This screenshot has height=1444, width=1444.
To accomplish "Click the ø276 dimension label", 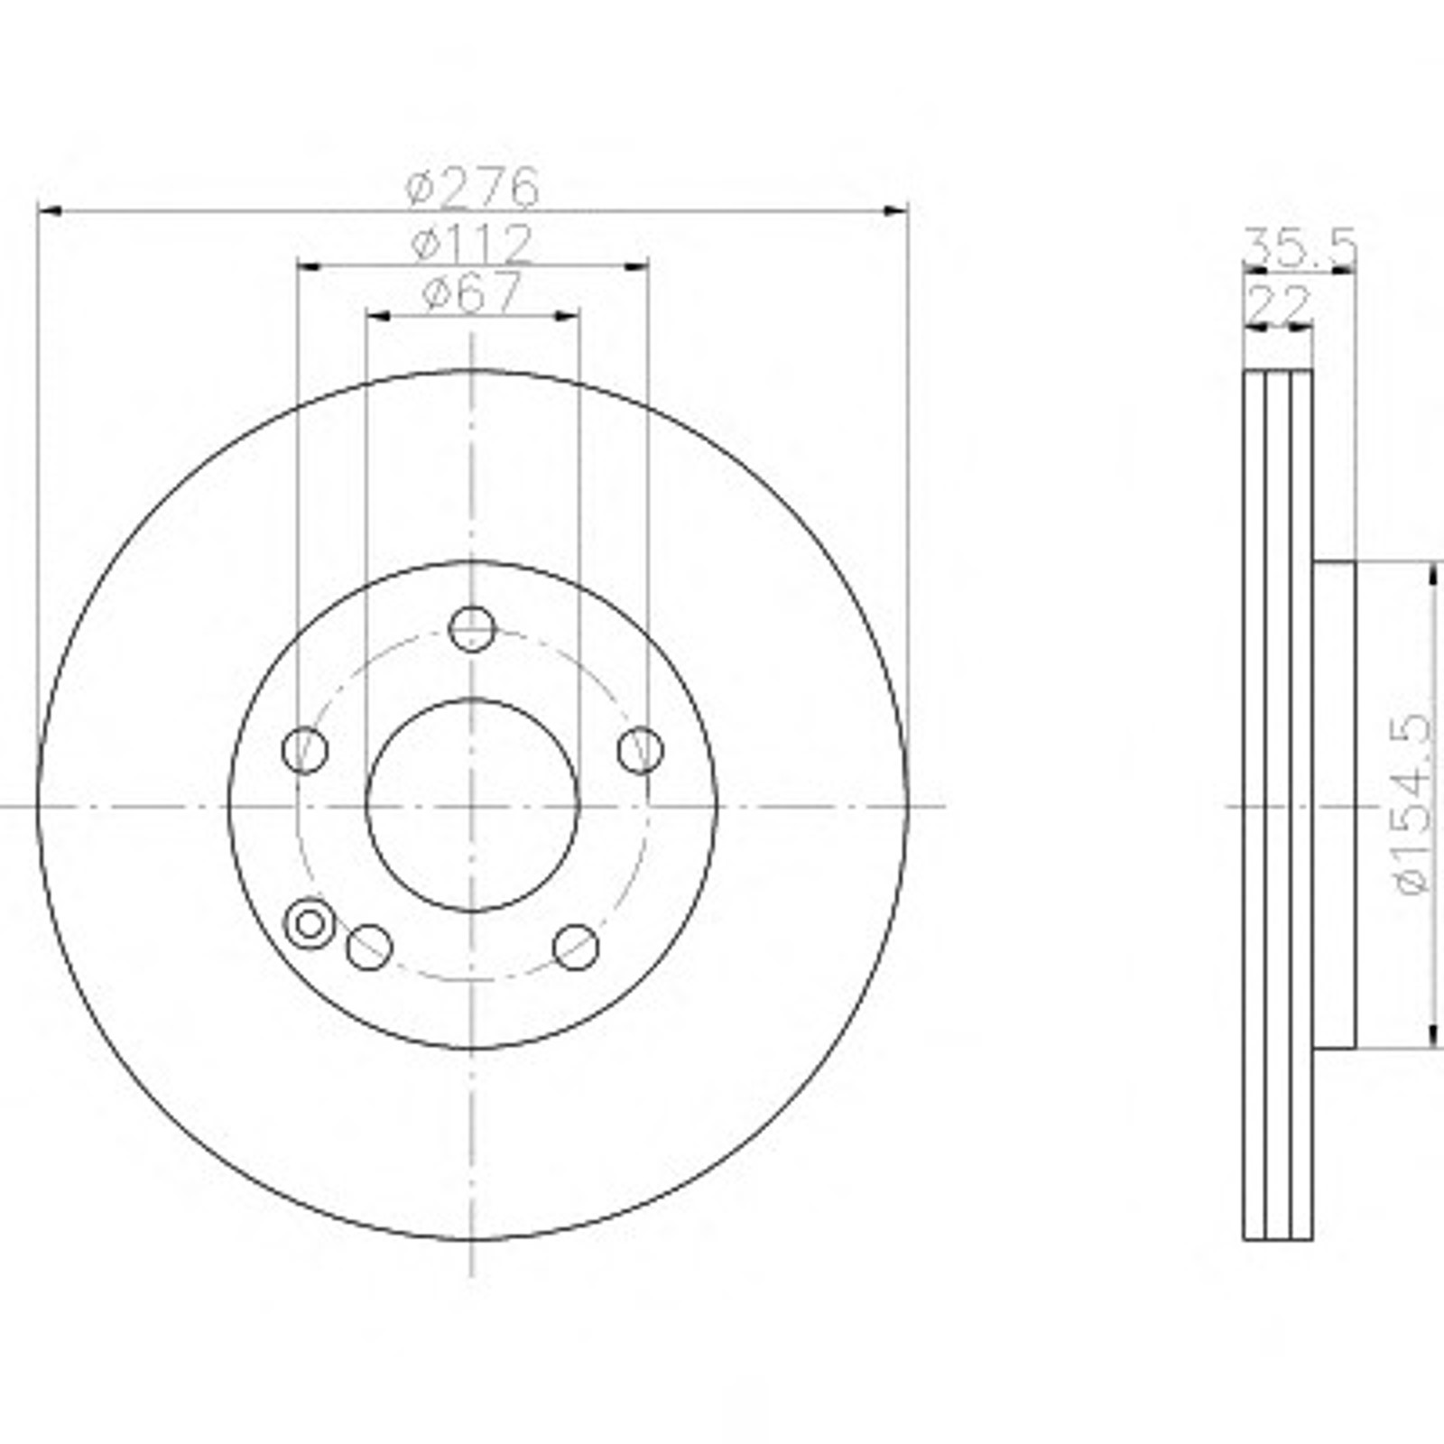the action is point(472,188).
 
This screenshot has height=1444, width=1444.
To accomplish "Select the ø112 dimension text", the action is point(472,244).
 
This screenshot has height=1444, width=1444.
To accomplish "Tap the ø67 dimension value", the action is point(472,292).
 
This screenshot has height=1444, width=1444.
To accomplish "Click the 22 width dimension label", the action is point(1277,304).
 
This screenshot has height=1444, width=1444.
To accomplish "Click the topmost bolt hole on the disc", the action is point(472,629).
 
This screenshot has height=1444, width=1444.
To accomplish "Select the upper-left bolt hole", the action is point(305,750).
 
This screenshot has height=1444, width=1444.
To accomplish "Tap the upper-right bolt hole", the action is point(640,750).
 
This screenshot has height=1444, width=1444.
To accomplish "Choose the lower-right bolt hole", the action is point(576,947).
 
